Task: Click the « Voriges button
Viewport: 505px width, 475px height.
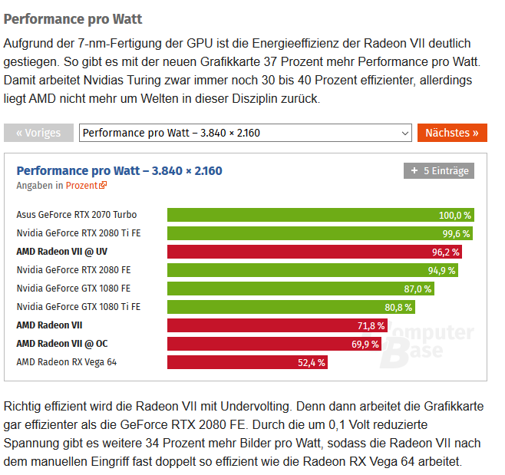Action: pyautogui.click(x=38, y=133)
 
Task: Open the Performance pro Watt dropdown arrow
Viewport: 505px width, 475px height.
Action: pyautogui.click(x=405, y=133)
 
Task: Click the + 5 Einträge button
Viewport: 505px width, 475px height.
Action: pyautogui.click(x=439, y=171)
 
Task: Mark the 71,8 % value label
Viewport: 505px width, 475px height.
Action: pyautogui.click(x=371, y=325)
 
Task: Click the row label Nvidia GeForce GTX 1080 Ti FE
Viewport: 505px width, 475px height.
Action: pyautogui.click(x=78, y=307)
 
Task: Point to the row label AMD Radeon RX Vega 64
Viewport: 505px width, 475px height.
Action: pyautogui.click(x=67, y=362)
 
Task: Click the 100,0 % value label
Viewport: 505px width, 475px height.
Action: pyautogui.click(x=454, y=215)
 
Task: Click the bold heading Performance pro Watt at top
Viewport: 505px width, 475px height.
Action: pyautogui.click(x=73, y=18)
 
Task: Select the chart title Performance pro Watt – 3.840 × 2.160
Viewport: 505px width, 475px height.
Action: pyautogui.click(x=119, y=170)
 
